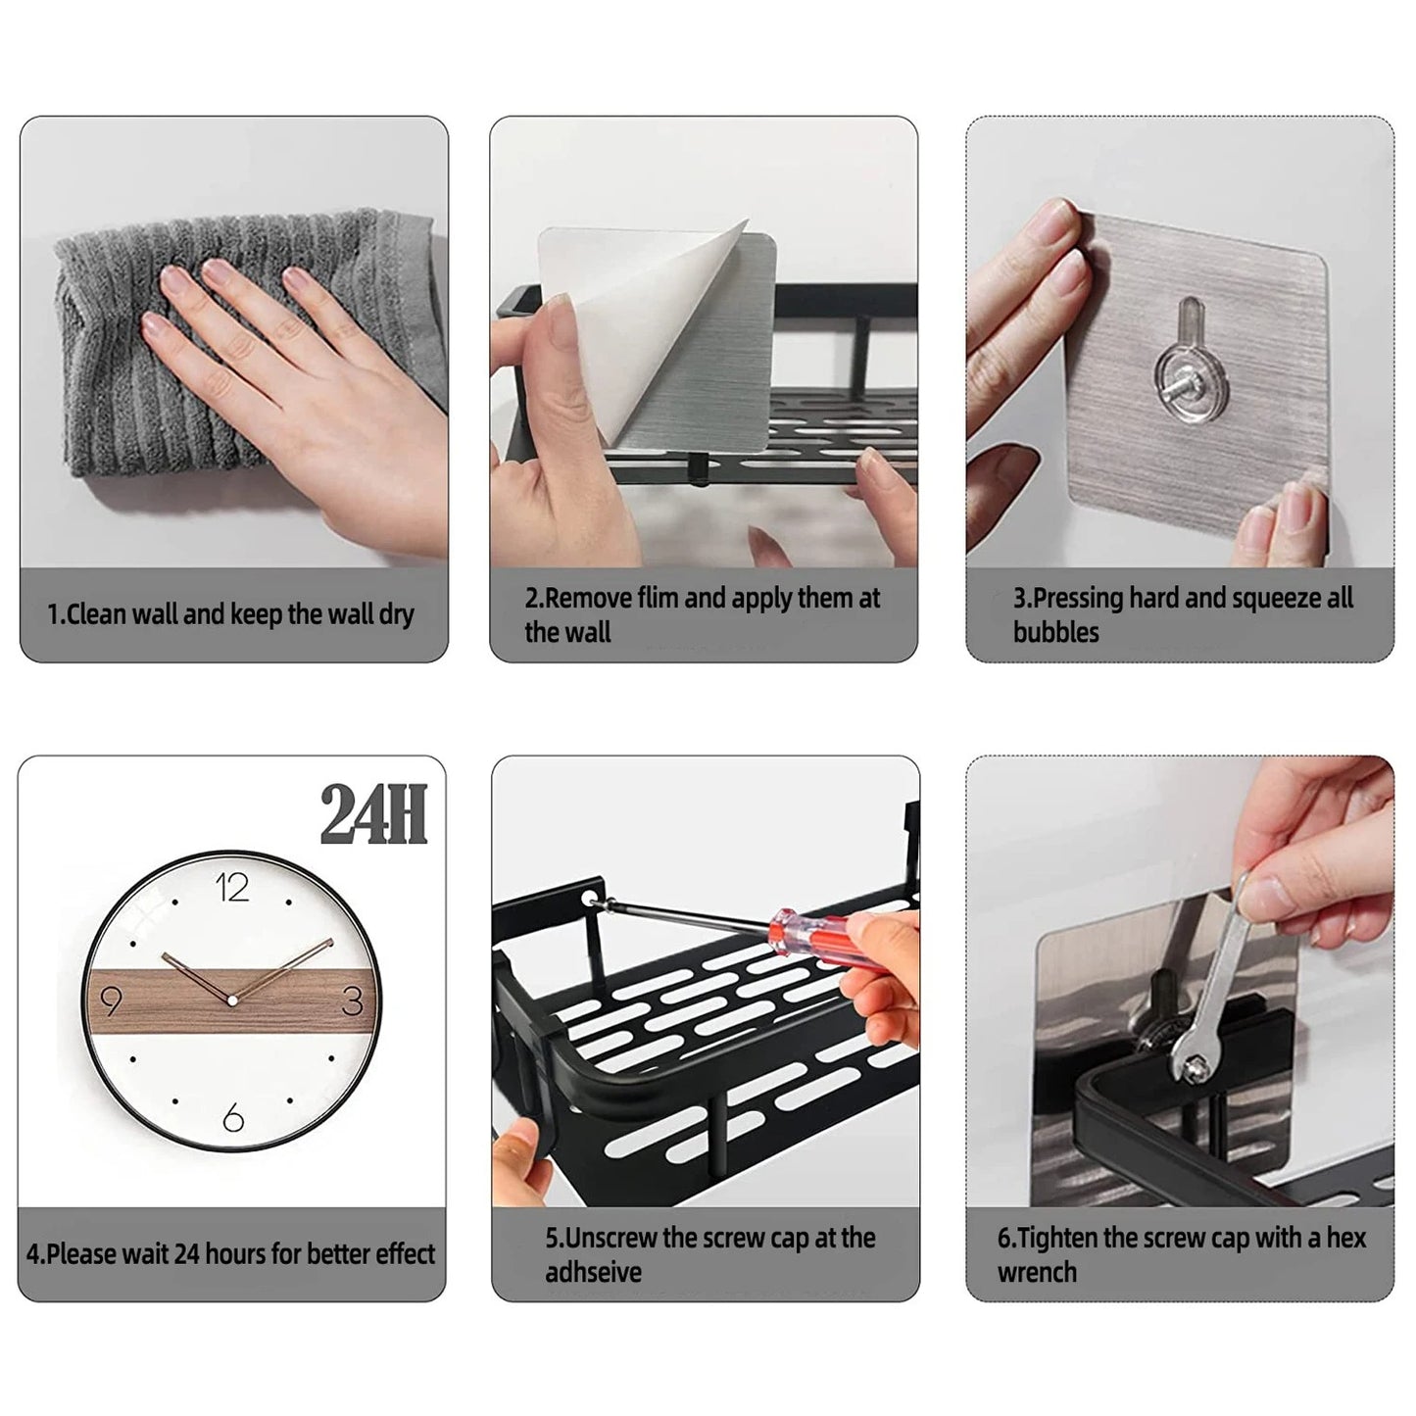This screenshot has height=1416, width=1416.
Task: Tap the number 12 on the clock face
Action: point(232,888)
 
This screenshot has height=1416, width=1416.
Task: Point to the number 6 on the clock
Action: point(232,1117)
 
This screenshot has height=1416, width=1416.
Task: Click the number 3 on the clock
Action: point(353,1001)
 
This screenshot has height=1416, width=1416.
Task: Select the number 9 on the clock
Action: point(111,1001)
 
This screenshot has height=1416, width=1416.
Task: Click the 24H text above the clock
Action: point(373,815)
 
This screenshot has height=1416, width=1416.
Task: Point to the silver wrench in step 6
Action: point(1210,990)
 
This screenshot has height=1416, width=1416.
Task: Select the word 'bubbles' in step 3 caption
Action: point(1056,632)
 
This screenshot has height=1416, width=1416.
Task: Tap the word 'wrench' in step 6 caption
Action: point(1037,1272)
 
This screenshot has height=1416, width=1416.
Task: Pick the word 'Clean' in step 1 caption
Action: point(97,614)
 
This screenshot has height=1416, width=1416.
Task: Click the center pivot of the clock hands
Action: point(232,1000)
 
